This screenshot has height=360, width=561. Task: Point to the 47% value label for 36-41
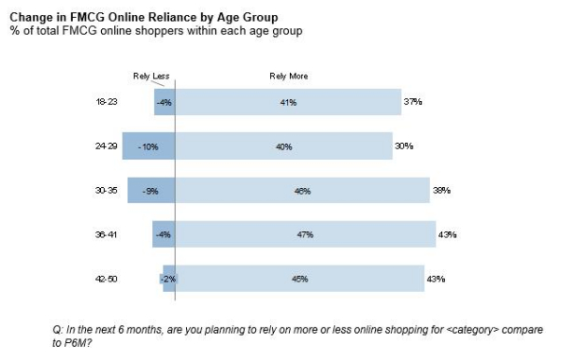(x=304, y=234)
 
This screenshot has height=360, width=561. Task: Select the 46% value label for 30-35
(x=302, y=190)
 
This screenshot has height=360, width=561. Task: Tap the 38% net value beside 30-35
(x=441, y=190)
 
